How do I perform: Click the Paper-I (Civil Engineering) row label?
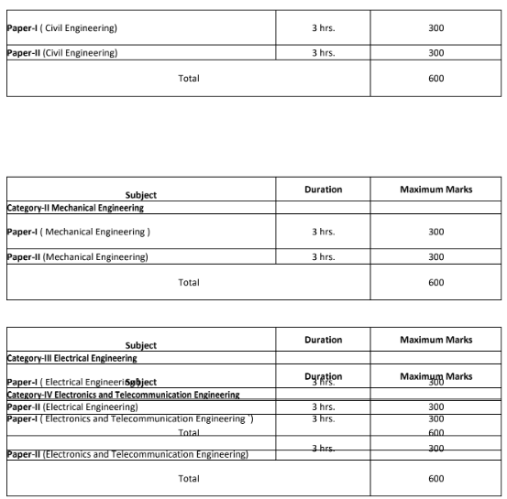61,28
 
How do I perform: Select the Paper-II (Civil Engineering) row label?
61,53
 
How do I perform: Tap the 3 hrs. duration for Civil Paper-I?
323,28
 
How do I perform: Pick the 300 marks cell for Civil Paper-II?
435,53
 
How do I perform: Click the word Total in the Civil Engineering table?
188,78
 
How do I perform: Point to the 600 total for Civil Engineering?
435,78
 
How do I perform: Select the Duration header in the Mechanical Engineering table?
323,190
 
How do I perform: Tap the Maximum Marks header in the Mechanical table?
435,190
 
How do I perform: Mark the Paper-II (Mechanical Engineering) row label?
77,257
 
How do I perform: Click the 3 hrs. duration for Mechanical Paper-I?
323,232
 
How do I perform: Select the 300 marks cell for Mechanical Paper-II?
435,257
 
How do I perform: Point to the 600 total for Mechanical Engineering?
435,282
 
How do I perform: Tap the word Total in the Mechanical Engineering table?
188,282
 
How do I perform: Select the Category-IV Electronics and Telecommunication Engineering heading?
123,395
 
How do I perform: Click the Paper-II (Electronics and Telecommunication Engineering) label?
127,454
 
